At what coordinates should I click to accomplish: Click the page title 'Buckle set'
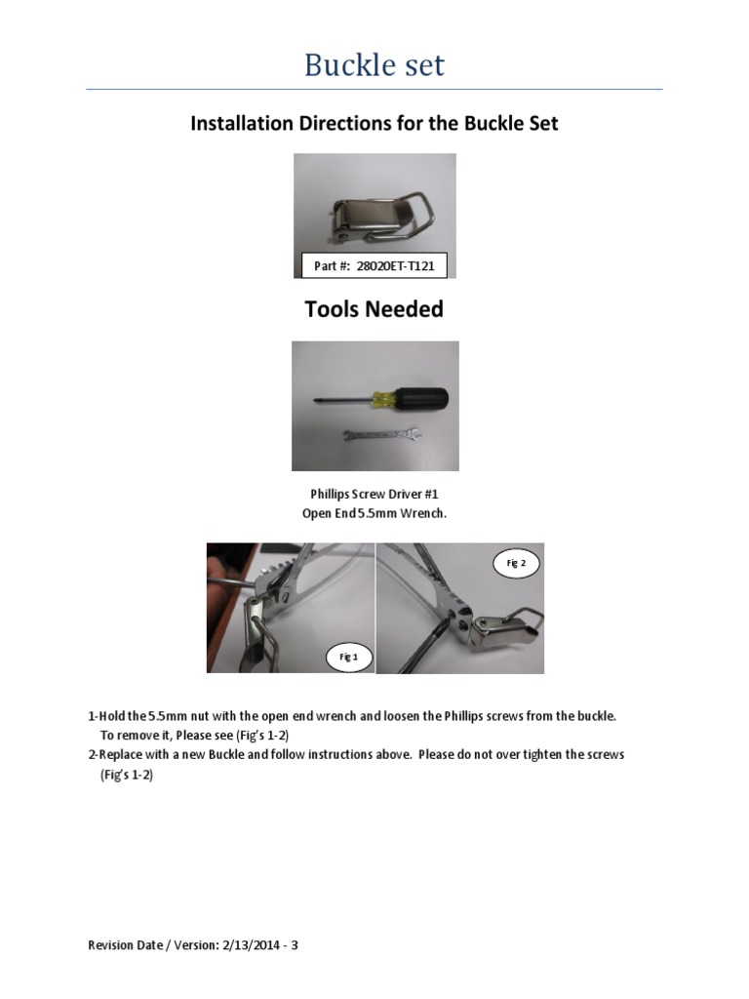[x=374, y=65]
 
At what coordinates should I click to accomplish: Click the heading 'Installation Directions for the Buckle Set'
[x=374, y=124]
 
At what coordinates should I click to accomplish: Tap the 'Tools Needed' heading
[x=374, y=309]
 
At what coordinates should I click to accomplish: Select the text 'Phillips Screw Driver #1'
[x=374, y=495]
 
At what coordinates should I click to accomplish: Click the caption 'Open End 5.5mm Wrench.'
[x=374, y=512]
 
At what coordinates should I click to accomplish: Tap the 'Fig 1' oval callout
[x=348, y=658]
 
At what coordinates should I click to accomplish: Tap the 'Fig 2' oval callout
[x=516, y=564]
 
